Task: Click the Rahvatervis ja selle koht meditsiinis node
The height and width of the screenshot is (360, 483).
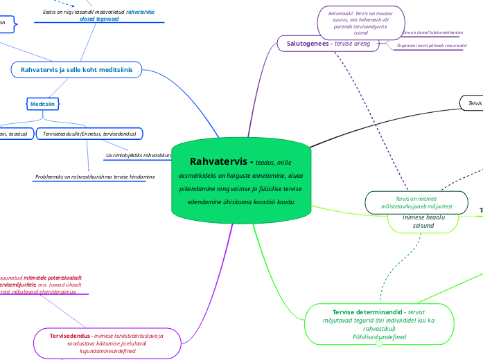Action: (76, 69)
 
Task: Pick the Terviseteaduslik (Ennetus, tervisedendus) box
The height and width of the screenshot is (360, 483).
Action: (89, 133)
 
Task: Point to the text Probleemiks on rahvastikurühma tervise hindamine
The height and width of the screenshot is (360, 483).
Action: (95, 177)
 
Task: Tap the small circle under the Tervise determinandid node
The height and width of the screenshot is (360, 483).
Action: (379, 344)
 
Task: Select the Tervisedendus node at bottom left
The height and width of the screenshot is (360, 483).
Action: (107, 343)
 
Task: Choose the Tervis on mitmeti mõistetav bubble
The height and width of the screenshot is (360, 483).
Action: (419, 202)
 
